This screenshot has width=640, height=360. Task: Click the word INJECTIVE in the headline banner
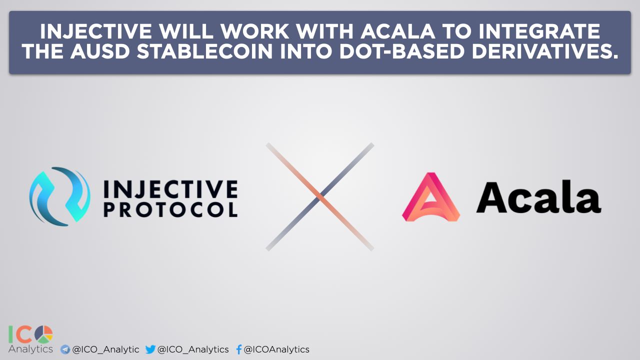pyautogui.click(x=95, y=31)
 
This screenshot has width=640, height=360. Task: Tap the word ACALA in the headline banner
pyautogui.click(x=397, y=31)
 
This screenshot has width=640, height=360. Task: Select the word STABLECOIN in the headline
pyautogui.click(x=204, y=51)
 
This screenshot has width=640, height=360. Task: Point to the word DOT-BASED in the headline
pyautogui.click(x=401, y=51)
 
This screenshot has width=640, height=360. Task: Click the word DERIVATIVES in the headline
pyautogui.click(x=545, y=51)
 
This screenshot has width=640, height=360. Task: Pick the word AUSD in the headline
pyautogui.click(x=100, y=51)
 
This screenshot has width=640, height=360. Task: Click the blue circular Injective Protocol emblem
pyautogui.click(x=59, y=196)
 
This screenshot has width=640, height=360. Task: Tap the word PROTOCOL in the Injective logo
pyautogui.click(x=170, y=210)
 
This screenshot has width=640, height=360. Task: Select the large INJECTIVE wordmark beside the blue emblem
pyautogui.click(x=170, y=189)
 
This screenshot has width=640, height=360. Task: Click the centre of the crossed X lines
pyautogui.click(x=320, y=197)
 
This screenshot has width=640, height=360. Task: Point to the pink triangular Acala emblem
pyautogui.click(x=431, y=197)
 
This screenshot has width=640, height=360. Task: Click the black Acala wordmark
pyautogui.click(x=539, y=196)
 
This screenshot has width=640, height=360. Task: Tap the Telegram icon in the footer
pyautogui.click(x=65, y=349)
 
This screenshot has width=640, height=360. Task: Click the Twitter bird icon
pyautogui.click(x=150, y=349)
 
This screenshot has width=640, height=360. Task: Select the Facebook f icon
pyautogui.click(x=239, y=349)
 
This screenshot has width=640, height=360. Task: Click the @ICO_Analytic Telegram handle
pyautogui.click(x=105, y=349)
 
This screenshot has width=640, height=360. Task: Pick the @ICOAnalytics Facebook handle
pyautogui.click(x=276, y=349)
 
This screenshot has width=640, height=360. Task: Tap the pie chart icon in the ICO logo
pyautogui.click(x=43, y=334)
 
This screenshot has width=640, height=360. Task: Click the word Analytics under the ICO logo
pyautogui.click(x=30, y=349)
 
